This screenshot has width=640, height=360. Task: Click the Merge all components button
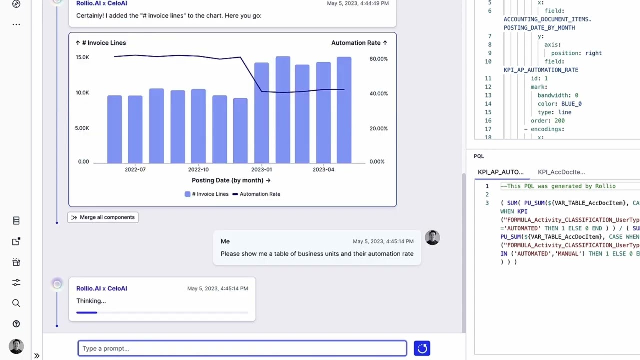[103, 217]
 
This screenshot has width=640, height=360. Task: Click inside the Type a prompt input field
[242, 348]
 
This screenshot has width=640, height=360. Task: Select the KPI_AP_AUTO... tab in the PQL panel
[501, 172]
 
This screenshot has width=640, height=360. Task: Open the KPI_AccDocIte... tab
[561, 172]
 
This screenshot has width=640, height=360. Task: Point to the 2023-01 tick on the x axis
[261, 169]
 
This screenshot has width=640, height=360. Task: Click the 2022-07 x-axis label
[135, 169]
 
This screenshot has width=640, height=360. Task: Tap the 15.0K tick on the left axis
[82, 57]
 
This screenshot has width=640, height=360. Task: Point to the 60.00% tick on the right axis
[379, 59]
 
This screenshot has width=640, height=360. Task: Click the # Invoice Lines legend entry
[207, 194]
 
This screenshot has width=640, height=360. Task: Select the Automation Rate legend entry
[256, 194]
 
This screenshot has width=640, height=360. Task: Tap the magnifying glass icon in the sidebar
[16, 303]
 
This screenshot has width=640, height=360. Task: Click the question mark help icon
[16, 324]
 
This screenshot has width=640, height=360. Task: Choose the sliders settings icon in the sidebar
[16, 283]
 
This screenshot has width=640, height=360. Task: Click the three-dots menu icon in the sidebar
[16, 25]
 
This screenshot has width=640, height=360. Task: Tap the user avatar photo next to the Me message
[432, 237]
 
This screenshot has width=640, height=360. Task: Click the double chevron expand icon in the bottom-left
[37, 356]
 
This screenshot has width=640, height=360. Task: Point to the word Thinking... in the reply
[91, 301]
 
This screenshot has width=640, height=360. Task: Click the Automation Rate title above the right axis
[356, 43]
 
